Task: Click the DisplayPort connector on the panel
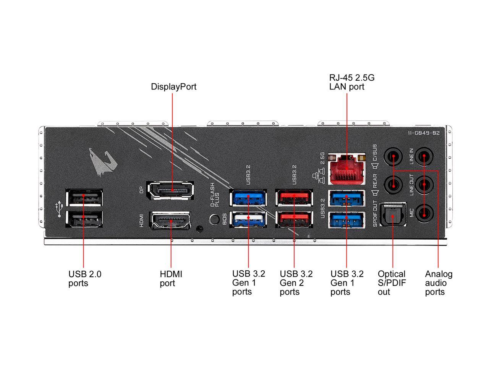coord(170,190)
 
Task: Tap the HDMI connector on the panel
coord(171,220)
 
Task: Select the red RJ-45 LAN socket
coord(347,169)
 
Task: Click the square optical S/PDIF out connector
coord(393,214)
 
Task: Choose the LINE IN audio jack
coord(424,156)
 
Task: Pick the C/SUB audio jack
coord(393,156)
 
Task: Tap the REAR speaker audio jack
coord(393,185)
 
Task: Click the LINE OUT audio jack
coord(424,185)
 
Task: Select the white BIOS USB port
coord(248,219)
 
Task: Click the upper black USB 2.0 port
coord(84,197)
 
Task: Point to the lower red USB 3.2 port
coord(294,219)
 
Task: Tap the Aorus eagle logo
coord(103,161)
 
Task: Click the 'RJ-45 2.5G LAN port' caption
coord(351,82)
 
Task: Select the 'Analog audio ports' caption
coord(439,283)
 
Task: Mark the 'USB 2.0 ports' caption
coord(85,278)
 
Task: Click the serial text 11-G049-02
coord(424,133)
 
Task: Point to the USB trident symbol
coord(59,209)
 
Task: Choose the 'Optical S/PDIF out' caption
coord(392,283)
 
